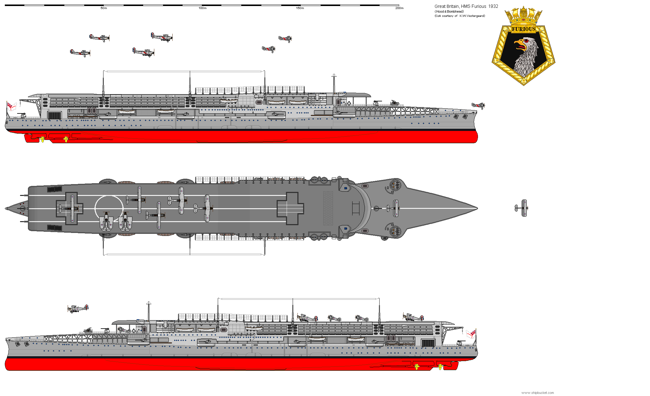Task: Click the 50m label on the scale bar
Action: coord(103,8)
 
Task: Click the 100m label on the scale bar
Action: coord(202,8)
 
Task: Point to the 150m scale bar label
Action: coord(300,8)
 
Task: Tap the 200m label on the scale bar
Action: coord(399,8)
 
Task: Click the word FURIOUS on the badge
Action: coord(523,29)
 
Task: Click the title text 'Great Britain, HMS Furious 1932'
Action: coord(466,6)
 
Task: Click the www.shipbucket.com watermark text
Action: coord(537,393)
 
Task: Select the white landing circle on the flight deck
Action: coord(109,208)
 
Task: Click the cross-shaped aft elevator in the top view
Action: coord(69,208)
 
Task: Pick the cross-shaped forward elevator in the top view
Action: coord(290,208)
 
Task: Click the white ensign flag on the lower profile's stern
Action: coord(471,334)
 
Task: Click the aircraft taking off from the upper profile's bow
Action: coord(478,106)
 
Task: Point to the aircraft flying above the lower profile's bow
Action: coord(78,308)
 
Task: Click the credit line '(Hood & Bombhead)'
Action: coord(449,11)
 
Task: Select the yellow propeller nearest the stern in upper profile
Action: coord(42,139)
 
